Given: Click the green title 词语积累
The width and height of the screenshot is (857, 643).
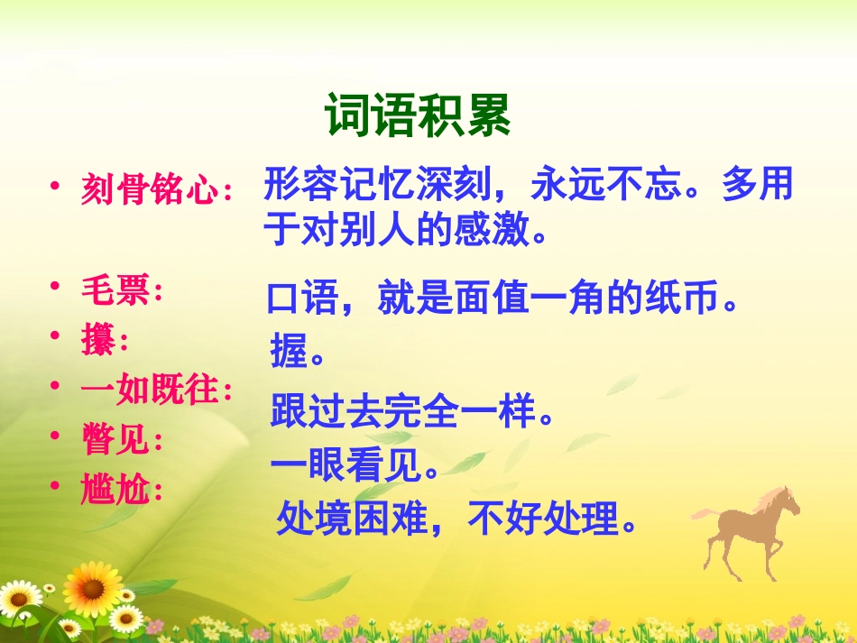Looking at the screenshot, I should click(418, 115).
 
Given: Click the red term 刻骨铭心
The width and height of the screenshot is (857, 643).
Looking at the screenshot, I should click(150, 190).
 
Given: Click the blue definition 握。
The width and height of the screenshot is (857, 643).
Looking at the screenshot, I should click(298, 354).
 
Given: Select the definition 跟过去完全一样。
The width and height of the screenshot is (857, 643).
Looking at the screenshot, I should click(411, 414).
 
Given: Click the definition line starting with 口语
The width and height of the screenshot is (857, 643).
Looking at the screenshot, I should click(502, 298).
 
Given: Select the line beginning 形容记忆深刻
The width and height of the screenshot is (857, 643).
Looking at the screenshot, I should click(528, 185).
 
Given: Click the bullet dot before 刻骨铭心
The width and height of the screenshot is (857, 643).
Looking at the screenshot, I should click(56, 186).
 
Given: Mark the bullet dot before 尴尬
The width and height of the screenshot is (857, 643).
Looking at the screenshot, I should click(56, 487).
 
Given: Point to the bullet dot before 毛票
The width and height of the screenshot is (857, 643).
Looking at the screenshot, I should click(56, 287).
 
